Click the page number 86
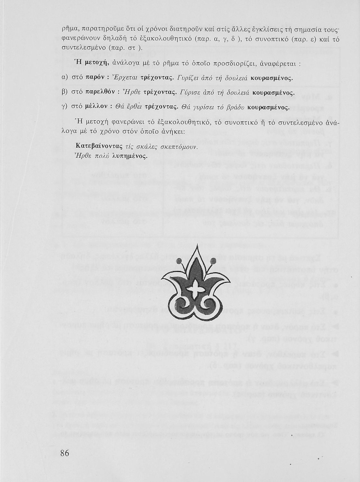[64, 453]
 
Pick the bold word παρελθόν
[100, 93]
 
